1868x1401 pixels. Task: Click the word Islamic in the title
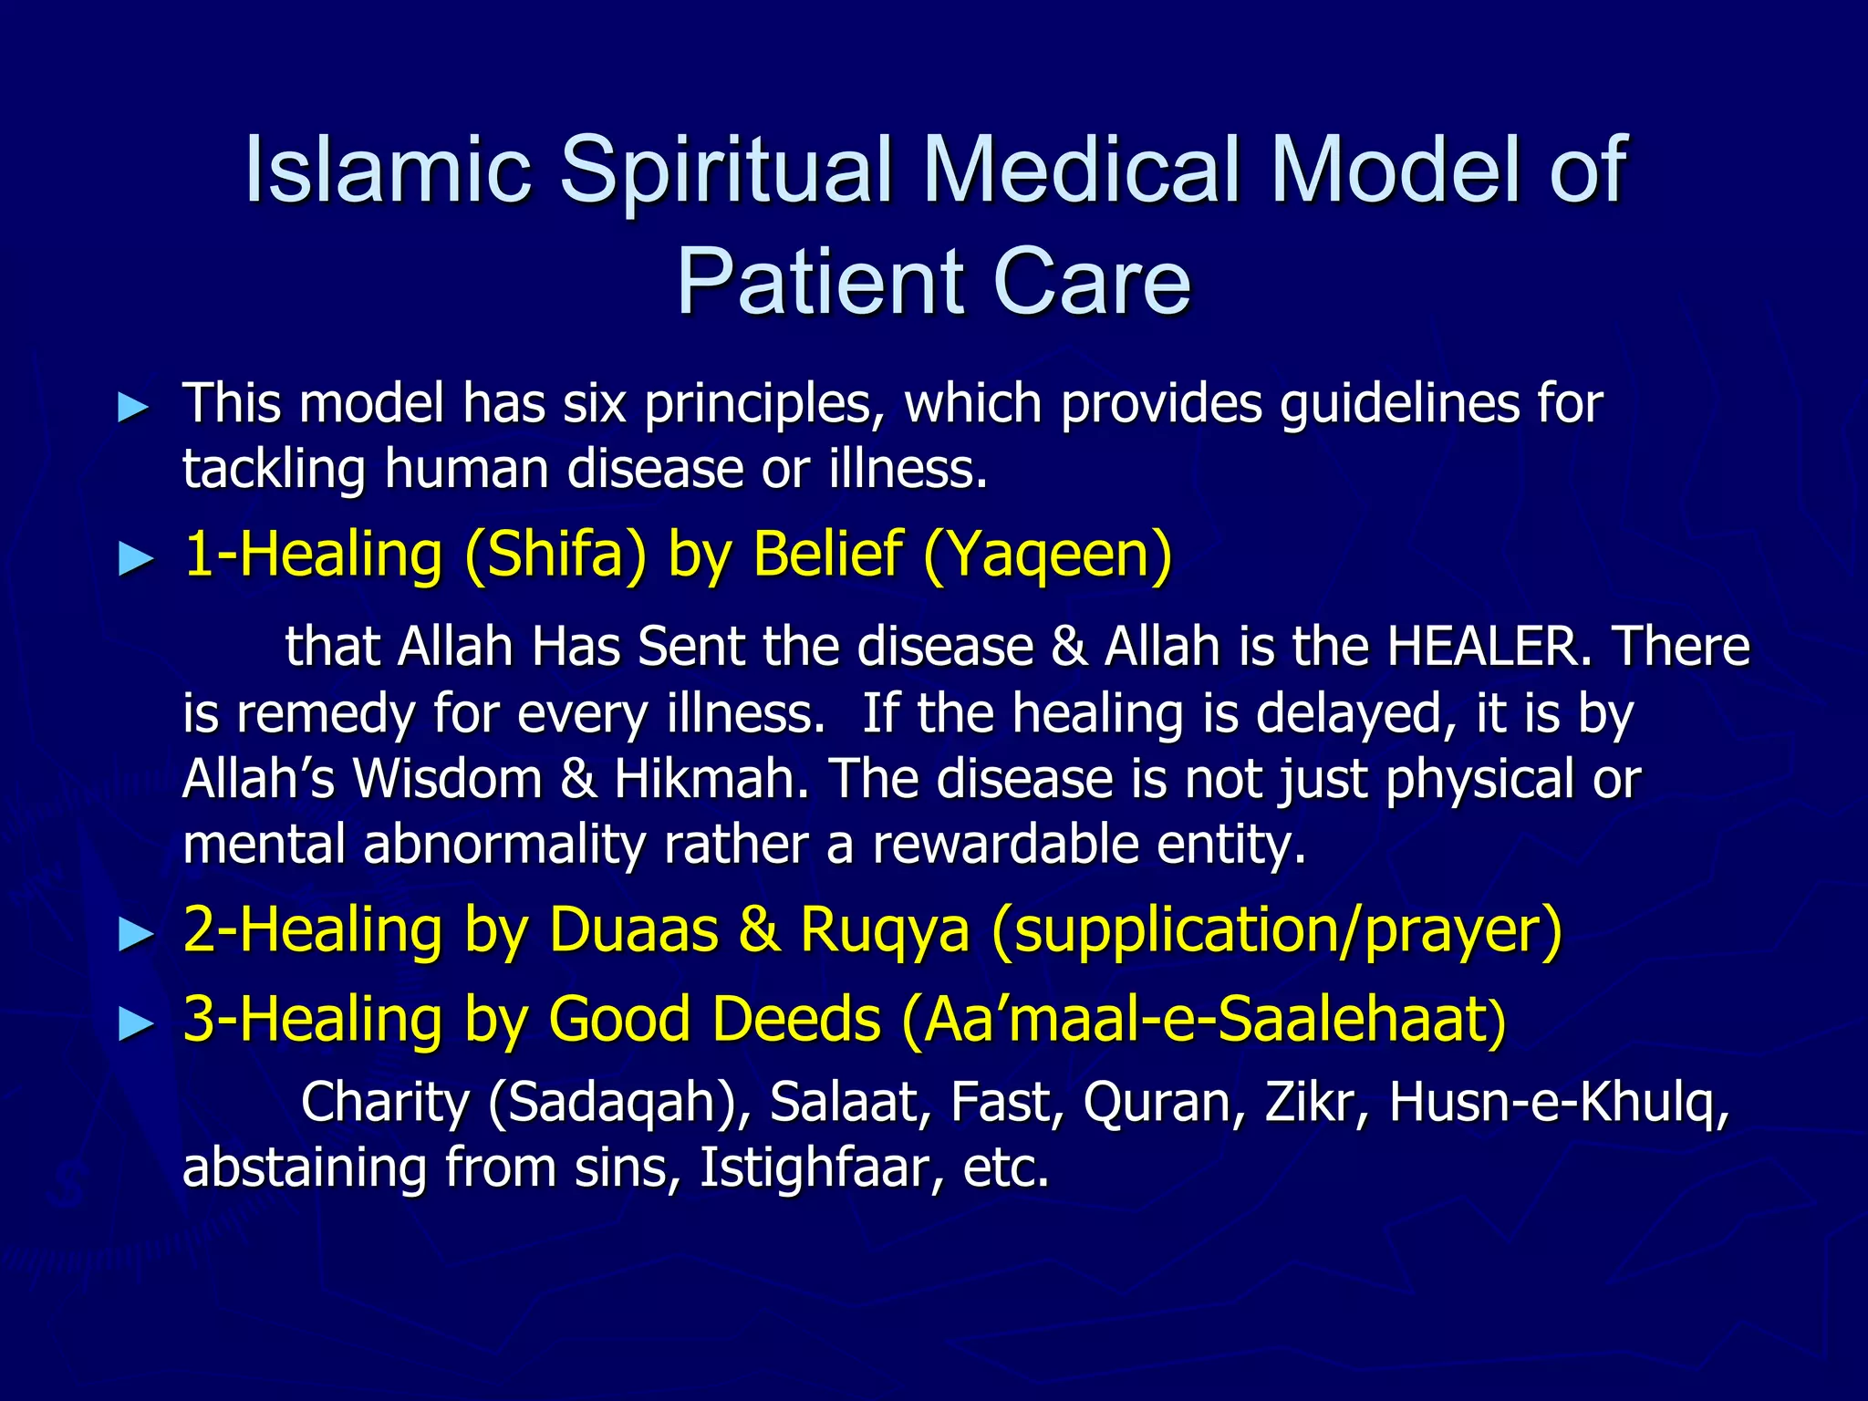(x=389, y=170)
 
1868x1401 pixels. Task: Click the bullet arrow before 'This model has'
(x=135, y=408)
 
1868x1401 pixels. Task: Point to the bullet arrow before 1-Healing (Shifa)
(x=137, y=559)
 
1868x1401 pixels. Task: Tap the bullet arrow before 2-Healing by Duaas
(x=137, y=935)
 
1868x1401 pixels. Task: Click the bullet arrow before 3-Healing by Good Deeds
(x=137, y=1023)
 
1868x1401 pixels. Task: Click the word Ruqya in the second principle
(x=885, y=930)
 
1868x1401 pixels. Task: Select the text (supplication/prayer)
(x=1277, y=930)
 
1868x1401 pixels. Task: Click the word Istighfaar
(x=821, y=1168)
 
